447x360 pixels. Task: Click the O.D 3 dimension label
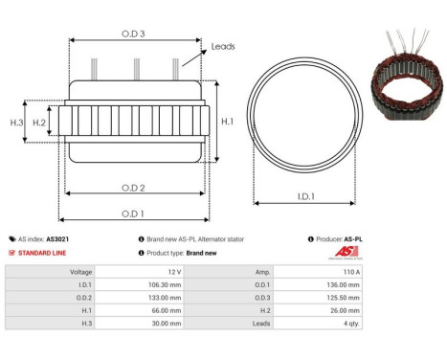133,34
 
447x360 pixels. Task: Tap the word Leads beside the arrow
223,46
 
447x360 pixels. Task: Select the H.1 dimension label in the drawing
227,122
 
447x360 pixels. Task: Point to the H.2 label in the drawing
39,122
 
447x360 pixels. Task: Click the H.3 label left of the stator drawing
16,122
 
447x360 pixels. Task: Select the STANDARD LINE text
43,253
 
